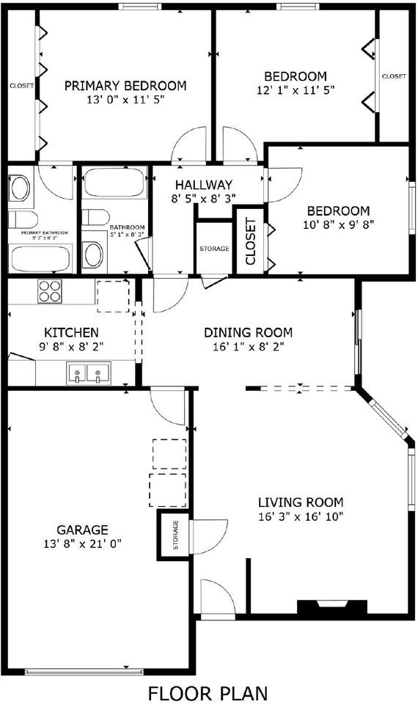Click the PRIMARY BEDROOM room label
tap(125, 86)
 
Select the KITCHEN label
tap(72, 332)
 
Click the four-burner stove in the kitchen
tap(50, 291)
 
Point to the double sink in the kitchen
tap(87, 375)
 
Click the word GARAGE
tap(82, 529)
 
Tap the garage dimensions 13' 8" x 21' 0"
tap(82, 543)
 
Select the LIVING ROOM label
tap(300, 502)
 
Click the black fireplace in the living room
tap(331, 608)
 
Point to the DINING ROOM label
tap(248, 332)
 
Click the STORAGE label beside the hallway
tap(214, 249)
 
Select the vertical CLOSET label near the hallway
tap(250, 241)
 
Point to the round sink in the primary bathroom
tap(20, 188)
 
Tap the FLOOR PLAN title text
tap(208, 692)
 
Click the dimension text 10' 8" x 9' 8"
tap(338, 225)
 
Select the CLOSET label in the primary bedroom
tap(21, 86)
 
